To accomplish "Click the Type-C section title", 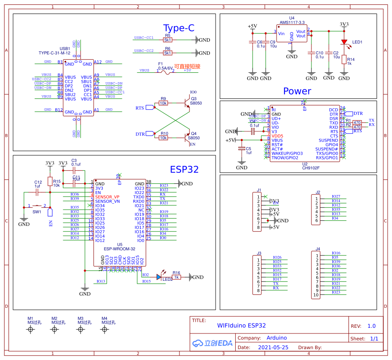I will (x=179, y=28).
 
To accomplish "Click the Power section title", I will (x=297, y=91).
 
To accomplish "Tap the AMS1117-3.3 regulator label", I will (x=292, y=22).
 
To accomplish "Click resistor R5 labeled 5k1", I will (x=168, y=40).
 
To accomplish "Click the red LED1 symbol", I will (x=344, y=43).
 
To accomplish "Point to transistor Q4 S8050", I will (x=188, y=137).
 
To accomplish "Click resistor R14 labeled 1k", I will (x=344, y=60).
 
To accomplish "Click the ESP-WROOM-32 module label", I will (x=119, y=249).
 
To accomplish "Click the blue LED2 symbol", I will (x=159, y=277).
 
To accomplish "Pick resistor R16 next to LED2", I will (x=176, y=277).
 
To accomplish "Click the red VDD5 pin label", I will (x=277, y=136).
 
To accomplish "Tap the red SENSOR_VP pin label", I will (x=107, y=197).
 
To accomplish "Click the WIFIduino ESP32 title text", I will (x=241, y=325).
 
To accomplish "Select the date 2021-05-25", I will (x=273, y=347).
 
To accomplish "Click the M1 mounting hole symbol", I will (x=30, y=330).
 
